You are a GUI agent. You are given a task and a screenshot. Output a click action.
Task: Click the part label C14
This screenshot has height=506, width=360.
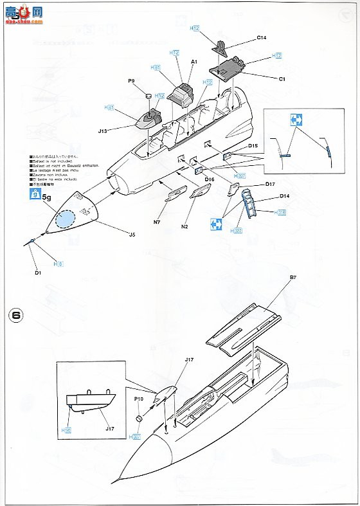click(261, 38)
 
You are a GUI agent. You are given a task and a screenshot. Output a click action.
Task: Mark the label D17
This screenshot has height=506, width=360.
click(271, 185)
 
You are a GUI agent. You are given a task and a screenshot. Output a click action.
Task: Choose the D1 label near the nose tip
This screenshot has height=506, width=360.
click(38, 274)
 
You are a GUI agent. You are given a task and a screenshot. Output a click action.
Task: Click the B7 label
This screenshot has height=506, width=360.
click(292, 277)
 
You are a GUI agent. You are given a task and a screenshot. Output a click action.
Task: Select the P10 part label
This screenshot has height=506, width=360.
click(138, 399)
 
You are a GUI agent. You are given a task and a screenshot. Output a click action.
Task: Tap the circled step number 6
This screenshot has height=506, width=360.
click(17, 315)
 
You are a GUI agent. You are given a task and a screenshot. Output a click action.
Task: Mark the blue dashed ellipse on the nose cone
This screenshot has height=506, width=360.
click(66, 221)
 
